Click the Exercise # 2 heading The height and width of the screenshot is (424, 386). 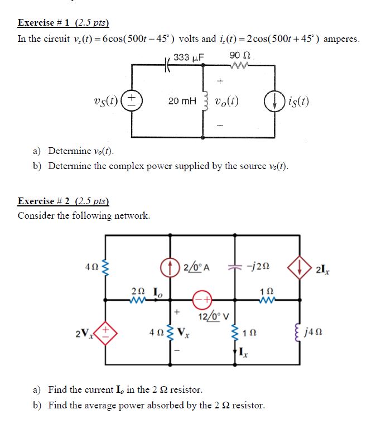pyautogui.click(x=63, y=201)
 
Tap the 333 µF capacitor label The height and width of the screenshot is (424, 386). pyautogui.click(x=189, y=57)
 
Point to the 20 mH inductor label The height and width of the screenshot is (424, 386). pyautogui.click(x=182, y=102)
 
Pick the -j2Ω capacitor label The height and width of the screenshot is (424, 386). pyautogui.click(x=260, y=266)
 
